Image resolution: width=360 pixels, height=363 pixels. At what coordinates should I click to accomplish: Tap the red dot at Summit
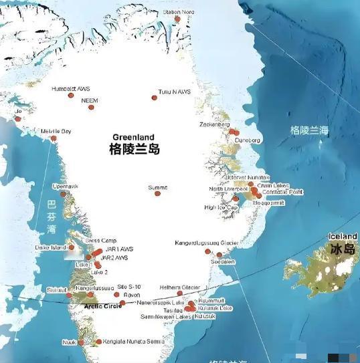(x=158, y=194)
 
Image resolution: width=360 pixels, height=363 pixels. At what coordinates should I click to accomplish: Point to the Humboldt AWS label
(x=71, y=88)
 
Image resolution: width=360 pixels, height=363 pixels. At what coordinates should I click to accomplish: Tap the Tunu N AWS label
(x=174, y=91)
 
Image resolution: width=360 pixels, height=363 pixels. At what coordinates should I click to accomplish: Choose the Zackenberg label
(x=215, y=124)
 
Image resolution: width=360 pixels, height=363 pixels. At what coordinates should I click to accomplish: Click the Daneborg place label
(x=247, y=140)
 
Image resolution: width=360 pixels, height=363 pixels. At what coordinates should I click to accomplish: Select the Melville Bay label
(x=56, y=131)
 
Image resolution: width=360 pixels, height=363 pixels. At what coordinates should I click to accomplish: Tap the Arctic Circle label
(x=103, y=306)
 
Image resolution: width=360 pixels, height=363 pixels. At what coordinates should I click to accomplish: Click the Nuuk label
(x=70, y=342)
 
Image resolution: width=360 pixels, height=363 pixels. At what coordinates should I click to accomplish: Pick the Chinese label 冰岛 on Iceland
(x=341, y=249)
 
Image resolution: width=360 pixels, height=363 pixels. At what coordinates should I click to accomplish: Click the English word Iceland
(x=343, y=237)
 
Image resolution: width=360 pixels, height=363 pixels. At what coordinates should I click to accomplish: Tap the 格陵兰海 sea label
(x=309, y=131)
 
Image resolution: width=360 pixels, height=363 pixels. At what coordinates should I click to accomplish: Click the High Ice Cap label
(x=221, y=207)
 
